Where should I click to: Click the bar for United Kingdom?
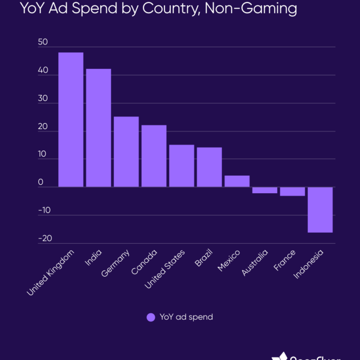coord(71,120)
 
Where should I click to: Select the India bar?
coord(98,128)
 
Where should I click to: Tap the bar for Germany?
coord(126,152)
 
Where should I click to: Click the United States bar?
coord(181,166)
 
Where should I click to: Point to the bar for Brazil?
coord(209,167)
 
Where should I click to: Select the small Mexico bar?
coord(236,181)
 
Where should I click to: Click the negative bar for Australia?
coord(264,190)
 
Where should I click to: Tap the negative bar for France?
coord(292,191)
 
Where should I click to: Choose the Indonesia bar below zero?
coord(320,209)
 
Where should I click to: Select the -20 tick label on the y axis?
coord(44,238)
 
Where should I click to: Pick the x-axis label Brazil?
coord(203,259)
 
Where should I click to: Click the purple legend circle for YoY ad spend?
coord(151,317)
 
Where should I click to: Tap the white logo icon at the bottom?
coord(280,356)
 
